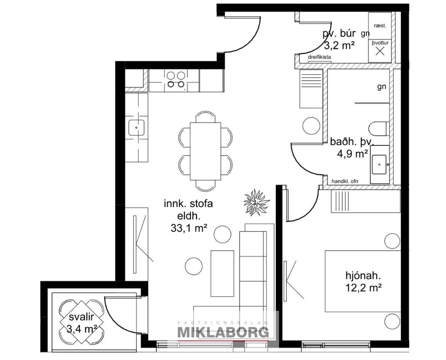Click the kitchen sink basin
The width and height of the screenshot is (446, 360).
[x=137, y=128]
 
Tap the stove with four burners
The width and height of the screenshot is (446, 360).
[x=174, y=80]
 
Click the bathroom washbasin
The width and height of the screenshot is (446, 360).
[x=379, y=164]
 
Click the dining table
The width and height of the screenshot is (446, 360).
[x=206, y=151]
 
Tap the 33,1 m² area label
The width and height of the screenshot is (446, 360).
[x=189, y=228]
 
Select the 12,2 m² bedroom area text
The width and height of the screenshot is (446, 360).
[x=363, y=288]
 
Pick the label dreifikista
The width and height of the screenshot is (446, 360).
[x=319, y=57]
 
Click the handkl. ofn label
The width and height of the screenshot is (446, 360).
[x=345, y=181]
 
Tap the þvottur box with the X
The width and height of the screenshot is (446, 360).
[x=380, y=51]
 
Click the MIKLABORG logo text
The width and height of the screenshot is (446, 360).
[x=223, y=332]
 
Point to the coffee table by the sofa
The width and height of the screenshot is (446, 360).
[x=222, y=274]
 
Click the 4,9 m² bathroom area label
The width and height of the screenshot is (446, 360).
[x=353, y=154]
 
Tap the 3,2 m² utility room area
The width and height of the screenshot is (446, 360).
[x=339, y=45]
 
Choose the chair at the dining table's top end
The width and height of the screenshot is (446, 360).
[x=206, y=116]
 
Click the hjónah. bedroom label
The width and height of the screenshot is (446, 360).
[x=363, y=275]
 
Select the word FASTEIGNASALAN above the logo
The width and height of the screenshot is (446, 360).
[x=223, y=323]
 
